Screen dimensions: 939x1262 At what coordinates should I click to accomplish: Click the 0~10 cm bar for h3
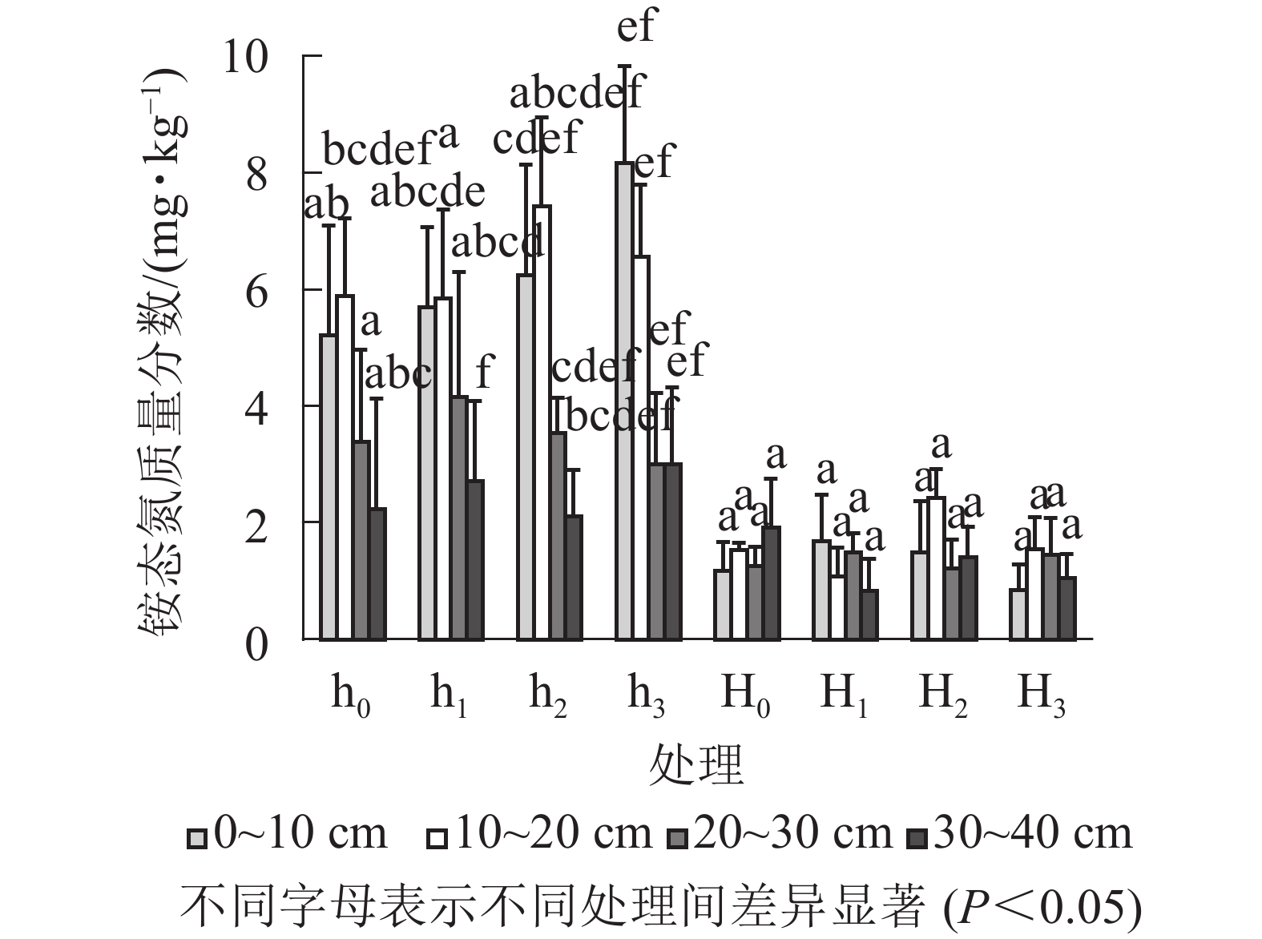[x=624, y=401]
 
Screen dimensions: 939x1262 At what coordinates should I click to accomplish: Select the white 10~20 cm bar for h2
[x=542, y=422]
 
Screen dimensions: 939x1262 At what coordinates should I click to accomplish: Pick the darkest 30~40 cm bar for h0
[x=377, y=574]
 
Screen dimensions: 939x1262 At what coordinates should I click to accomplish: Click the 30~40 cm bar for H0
[x=771, y=582]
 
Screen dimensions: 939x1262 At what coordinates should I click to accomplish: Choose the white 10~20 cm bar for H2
[x=935, y=568]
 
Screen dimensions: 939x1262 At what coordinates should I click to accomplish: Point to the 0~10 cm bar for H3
[x=1018, y=614]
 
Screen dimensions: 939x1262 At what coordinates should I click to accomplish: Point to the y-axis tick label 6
[x=256, y=292]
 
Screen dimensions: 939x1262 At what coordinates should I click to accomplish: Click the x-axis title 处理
[x=696, y=764]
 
